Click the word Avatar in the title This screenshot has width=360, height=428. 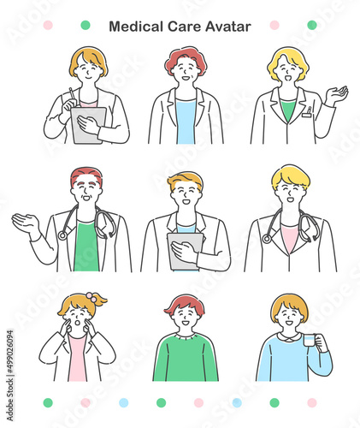tap(228, 27)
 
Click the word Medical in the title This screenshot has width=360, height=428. tap(136, 27)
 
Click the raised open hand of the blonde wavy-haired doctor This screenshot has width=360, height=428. tap(337, 95)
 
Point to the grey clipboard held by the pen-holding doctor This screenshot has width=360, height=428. tap(88, 125)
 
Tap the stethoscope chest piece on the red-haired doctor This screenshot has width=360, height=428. tap(62, 235)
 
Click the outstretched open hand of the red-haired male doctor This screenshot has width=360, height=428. tap(25, 222)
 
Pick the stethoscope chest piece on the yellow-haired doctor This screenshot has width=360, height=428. tap(267, 239)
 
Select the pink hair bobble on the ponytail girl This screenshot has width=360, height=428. tap(91, 297)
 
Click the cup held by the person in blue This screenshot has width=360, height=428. tap(310, 340)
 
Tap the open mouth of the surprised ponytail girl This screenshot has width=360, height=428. tap(77, 323)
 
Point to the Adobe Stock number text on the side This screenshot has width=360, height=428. tap(9, 376)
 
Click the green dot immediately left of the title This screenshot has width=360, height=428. tap(86, 25)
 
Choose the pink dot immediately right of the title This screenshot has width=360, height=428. tap(274, 25)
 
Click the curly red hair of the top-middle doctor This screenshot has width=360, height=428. tap(186, 58)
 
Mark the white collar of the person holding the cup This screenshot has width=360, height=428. tap(288, 337)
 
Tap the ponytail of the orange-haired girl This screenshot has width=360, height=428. tap(100, 301)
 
